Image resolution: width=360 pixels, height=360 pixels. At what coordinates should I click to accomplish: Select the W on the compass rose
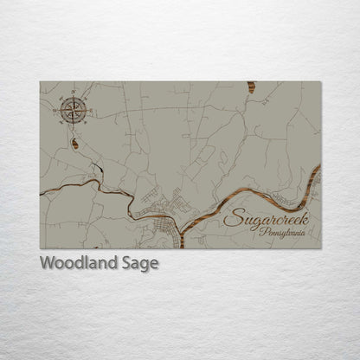[x=55, y=110]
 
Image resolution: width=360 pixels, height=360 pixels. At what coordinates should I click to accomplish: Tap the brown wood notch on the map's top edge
[x=252, y=87]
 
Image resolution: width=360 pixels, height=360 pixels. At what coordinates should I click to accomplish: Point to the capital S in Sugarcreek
[x=233, y=219]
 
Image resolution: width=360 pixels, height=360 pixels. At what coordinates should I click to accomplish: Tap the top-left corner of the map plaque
[x=40, y=81]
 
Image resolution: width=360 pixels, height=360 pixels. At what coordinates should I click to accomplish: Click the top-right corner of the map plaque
[x=321, y=81]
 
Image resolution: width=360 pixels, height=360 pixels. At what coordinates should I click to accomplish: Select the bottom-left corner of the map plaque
[x=40, y=248]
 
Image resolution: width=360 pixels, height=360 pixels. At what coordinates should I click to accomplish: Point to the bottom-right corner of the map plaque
[x=321, y=248]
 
